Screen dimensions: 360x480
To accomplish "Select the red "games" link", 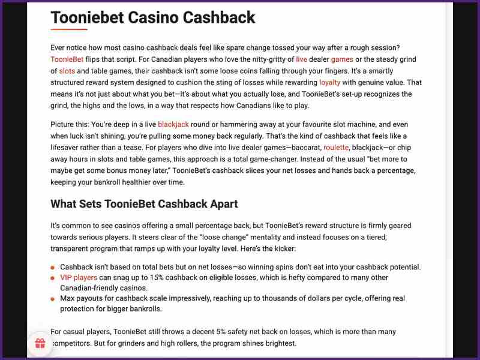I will (x=342, y=59).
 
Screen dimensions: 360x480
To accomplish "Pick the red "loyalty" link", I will (x=330, y=82).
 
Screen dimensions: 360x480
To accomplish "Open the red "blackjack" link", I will (x=173, y=124).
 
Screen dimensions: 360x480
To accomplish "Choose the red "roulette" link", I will (x=336, y=147).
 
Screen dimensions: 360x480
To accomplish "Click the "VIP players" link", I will (x=78, y=278).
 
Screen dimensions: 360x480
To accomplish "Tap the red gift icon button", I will (x=40, y=344).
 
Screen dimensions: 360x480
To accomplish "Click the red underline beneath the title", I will (x=69, y=29).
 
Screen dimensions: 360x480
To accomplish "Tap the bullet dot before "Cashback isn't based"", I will (x=53, y=268).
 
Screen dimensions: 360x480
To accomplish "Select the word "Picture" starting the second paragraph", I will (x=64, y=124).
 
